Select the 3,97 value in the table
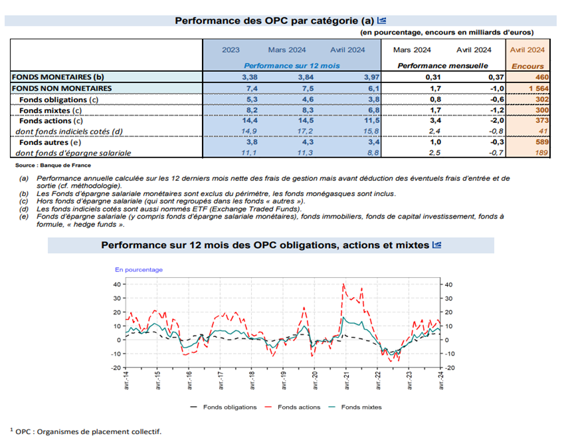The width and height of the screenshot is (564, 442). click(x=371, y=77)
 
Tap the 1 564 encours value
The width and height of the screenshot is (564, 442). click(x=539, y=88)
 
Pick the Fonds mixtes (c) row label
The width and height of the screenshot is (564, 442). click(x=50, y=110)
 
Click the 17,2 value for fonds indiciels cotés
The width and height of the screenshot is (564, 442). click(x=305, y=131)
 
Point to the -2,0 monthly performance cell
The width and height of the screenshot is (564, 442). click(x=496, y=120)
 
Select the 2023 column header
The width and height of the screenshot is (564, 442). click(x=231, y=50)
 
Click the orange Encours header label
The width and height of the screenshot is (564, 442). click(x=527, y=66)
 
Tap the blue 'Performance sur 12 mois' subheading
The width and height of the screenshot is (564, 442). click(x=292, y=66)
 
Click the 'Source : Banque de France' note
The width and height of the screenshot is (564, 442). click(x=53, y=166)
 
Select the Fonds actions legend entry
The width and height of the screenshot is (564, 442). click(x=292, y=407)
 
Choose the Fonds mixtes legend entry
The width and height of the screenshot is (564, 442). click(x=355, y=407)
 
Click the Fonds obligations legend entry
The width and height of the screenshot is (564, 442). click(x=223, y=407)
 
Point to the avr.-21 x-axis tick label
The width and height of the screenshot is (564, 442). click(x=347, y=380)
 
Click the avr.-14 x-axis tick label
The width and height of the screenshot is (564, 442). click(x=126, y=380)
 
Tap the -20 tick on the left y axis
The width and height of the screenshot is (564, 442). click(x=116, y=368)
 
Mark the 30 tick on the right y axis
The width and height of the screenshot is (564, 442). click(x=448, y=298)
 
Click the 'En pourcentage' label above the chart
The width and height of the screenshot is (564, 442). click(x=139, y=270)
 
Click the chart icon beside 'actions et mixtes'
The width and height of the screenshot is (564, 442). click(x=436, y=245)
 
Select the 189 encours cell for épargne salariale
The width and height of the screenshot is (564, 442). click(x=541, y=153)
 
